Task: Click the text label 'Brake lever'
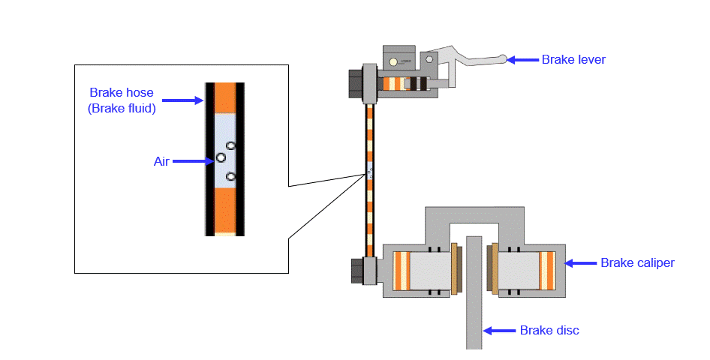(x=573, y=60)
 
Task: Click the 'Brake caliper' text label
(x=637, y=262)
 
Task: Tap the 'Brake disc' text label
(x=549, y=330)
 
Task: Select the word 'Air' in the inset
(x=161, y=160)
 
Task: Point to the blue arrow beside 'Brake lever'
(x=525, y=60)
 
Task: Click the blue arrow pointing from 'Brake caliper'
(x=580, y=262)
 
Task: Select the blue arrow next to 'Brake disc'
(x=499, y=330)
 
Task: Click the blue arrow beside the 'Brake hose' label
(x=182, y=100)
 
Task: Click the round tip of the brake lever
(x=507, y=58)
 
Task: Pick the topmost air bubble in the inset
(x=231, y=145)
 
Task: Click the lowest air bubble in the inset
(x=230, y=177)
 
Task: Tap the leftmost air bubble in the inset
(x=221, y=157)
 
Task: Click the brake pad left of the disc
(x=453, y=268)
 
